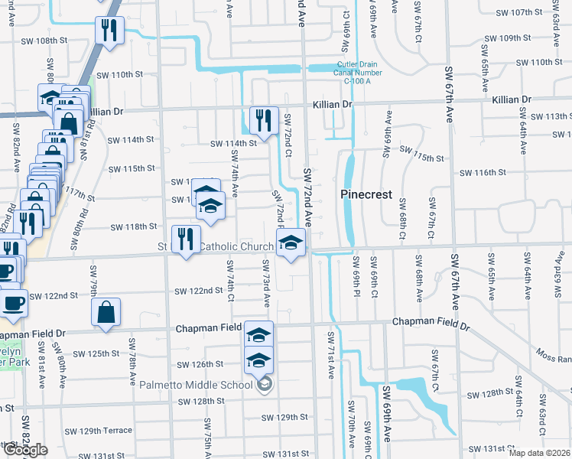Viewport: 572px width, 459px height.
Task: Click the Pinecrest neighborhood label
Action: pyautogui.click(x=366, y=195)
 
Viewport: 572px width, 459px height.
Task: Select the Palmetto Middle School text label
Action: pyautogui.click(x=196, y=385)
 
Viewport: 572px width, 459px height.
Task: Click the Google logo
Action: pyautogui.click(x=24, y=450)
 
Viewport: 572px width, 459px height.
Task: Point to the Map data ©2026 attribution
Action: pyautogui.click(x=540, y=453)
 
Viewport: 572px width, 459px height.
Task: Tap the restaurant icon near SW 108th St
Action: pyautogui.click(x=108, y=31)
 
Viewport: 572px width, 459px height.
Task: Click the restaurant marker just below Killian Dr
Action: pyautogui.click(x=262, y=120)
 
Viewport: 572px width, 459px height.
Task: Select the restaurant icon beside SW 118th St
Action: pyautogui.click(x=186, y=239)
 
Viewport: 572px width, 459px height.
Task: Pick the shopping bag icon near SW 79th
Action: pyautogui.click(x=106, y=311)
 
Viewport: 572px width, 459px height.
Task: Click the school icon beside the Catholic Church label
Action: pyautogui.click(x=289, y=243)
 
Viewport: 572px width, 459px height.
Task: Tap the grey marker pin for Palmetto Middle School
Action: pyautogui.click(x=265, y=384)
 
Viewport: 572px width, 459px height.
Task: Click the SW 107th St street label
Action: pyautogui.click(x=518, y=13)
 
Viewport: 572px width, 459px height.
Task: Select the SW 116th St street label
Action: pyautogui.click(x=482, y=174)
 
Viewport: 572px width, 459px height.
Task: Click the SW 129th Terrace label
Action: pyautogui.click(x=106, y=431)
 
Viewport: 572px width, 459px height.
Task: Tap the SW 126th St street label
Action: pyautogui.click(x=200, y=365)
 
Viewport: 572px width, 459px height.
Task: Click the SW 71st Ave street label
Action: pyautogui.click(x=331, y=355)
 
